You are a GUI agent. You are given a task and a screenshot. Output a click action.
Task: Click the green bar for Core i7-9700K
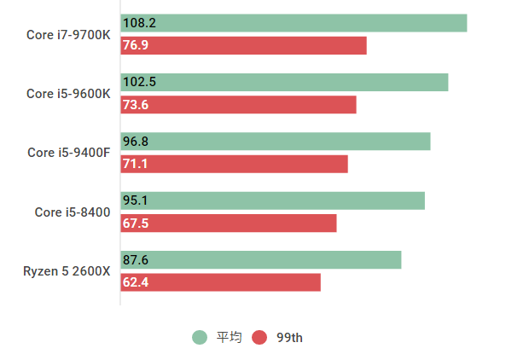(x=294, y=23)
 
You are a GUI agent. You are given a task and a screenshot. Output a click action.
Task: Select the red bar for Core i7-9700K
(x=244, y=45)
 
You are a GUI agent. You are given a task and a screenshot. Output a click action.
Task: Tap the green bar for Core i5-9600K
(x=285, y=82)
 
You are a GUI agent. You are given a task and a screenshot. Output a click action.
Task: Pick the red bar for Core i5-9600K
(x=239, y=105)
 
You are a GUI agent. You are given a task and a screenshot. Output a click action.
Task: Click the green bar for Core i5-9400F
(x=276, y=141)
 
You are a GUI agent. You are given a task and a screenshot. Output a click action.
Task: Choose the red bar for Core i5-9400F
(x=235, y=164)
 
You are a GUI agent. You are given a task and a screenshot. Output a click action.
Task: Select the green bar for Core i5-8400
(x=273, y=200)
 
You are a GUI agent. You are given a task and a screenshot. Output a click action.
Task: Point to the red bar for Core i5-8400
(x=229, y=224)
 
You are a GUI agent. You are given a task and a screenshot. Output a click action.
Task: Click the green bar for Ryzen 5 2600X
(x=261, y=259)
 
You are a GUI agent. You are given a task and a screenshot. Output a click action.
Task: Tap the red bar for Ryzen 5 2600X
(x=221, y=282)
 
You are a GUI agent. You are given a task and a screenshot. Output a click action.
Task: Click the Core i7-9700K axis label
(x=68, y=35)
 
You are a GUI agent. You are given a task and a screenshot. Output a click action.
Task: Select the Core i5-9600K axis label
(x=68, y=94)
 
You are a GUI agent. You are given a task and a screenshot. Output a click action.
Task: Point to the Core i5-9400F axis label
(x=69, y=153)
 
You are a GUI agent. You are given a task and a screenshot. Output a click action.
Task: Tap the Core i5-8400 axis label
(x=73, y=212)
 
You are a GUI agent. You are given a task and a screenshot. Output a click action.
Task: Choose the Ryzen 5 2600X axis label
(x=67, y=271)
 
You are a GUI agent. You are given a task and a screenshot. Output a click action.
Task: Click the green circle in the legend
(x=200, y=337)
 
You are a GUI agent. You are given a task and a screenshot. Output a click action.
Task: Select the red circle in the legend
(x=259, y=337)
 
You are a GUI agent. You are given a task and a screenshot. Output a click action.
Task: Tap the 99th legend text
(x=289, y=337)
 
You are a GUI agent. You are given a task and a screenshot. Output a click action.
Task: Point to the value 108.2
(x=139, y=23)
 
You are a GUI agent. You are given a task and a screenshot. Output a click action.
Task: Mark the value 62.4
(x=136, y=282)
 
